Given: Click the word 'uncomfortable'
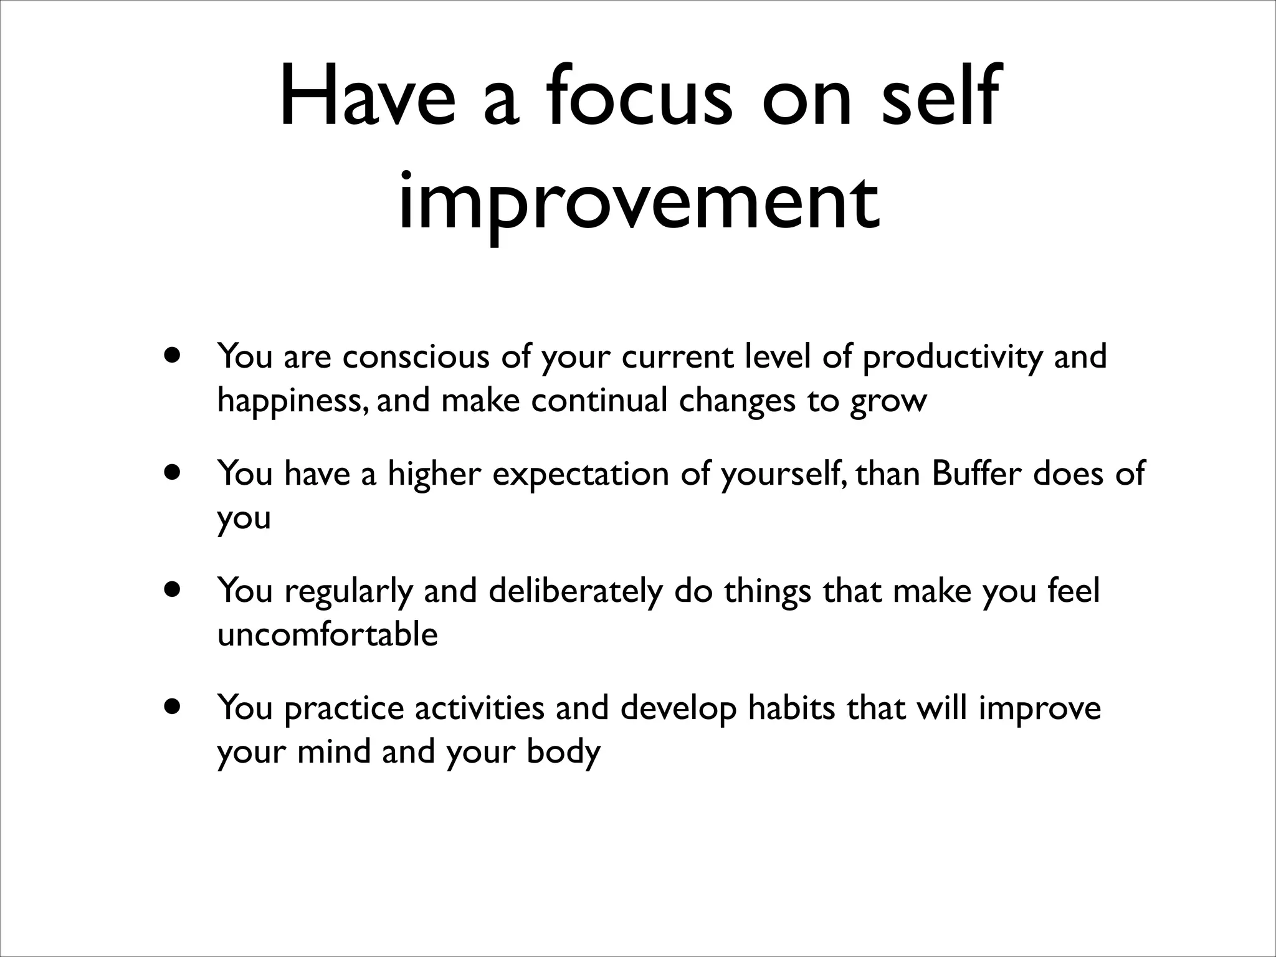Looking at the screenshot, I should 327,635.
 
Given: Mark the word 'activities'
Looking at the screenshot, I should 479,708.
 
